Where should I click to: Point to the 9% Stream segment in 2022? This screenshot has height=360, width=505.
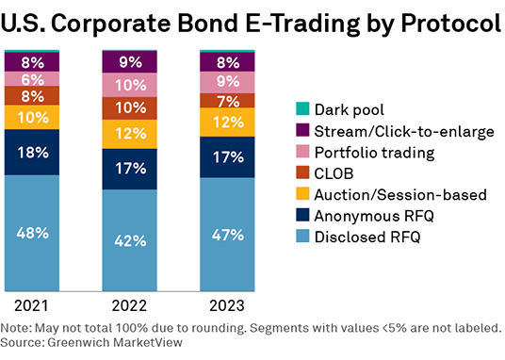tap(130, 63)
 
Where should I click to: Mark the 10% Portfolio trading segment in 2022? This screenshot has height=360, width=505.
tap(130, 85)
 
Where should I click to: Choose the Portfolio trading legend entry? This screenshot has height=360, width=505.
tap(373, 153)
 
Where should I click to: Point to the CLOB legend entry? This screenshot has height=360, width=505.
tap(337, 173)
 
